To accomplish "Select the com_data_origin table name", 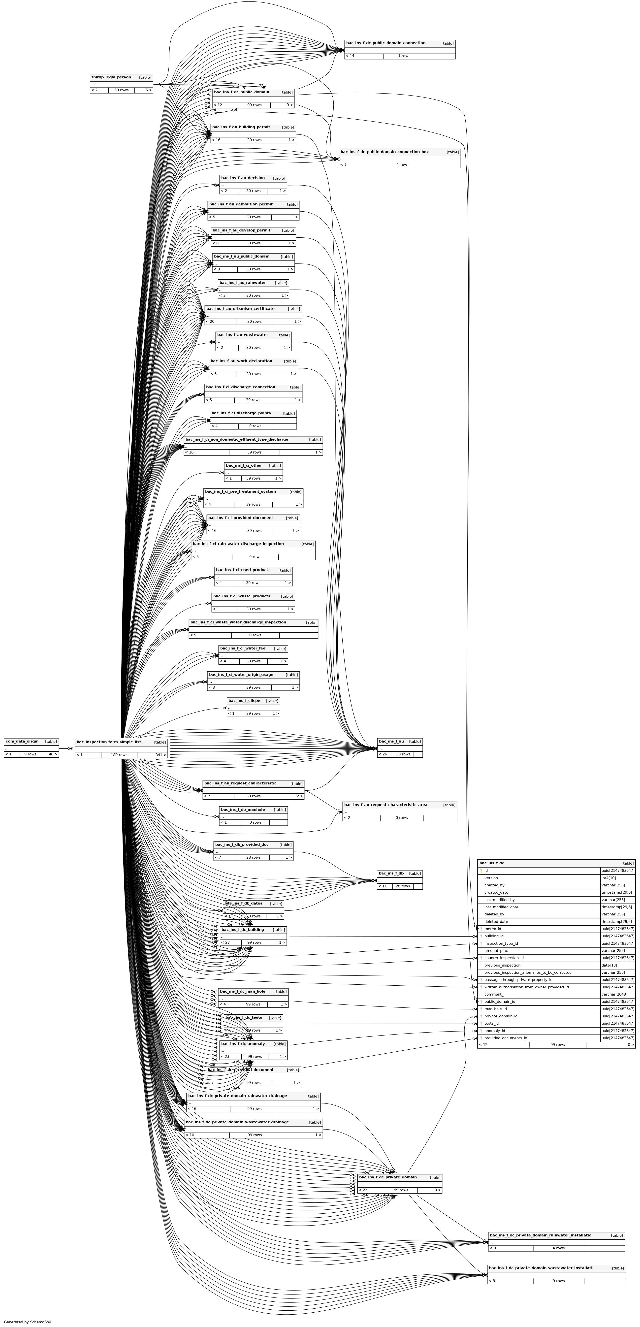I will (22, 741).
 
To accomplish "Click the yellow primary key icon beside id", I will (481, 871).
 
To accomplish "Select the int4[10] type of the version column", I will (608, 878).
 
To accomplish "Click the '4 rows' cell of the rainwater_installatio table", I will (559, 1248).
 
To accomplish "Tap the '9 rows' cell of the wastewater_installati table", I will (559, 1281).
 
